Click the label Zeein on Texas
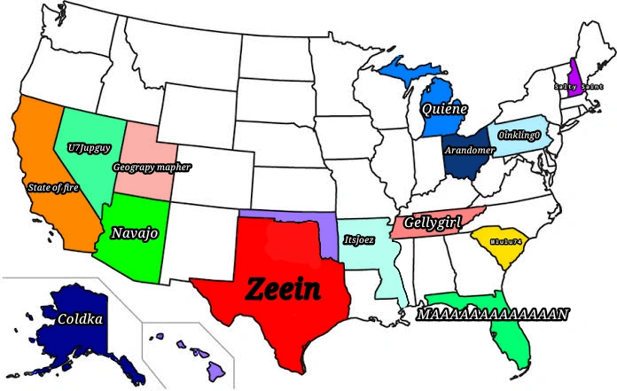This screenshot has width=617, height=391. tap(284, 287)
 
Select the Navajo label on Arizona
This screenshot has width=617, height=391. tap(135, 233)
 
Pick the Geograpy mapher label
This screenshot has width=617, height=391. tap(152, 166)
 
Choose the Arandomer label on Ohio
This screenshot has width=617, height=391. tap(468, 150)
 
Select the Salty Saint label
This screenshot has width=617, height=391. tap(572, 87)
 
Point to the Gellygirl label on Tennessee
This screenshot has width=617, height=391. tap(433, 222)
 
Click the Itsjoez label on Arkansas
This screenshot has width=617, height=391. tap(358, 239)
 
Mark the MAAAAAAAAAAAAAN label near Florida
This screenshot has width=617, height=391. tap(493, 314)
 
